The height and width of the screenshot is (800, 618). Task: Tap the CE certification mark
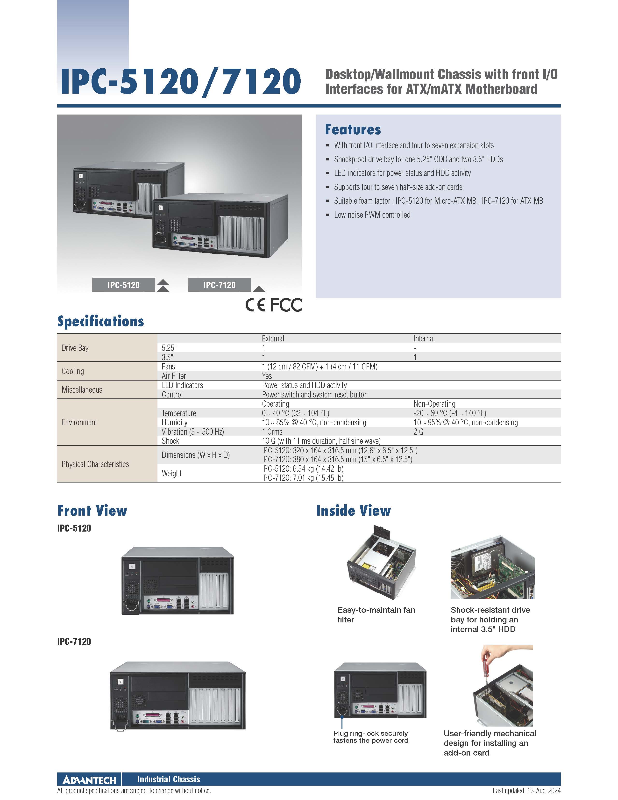click(x=255, y=305)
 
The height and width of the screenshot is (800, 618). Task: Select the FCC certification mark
click(x=286, y=305)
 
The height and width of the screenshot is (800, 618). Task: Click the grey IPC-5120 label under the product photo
click(x=123, y=285)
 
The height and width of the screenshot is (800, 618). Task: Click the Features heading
click(x=353, y=129)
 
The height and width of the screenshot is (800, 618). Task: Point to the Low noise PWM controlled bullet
click(x=372, y=215)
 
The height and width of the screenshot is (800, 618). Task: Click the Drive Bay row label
click(x=75, y=348)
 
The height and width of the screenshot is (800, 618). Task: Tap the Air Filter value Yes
click(x=267, y=376)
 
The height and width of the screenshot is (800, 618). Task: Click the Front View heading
click(x=92, y=510)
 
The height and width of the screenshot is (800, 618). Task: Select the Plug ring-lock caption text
click(x=370, y=737)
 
